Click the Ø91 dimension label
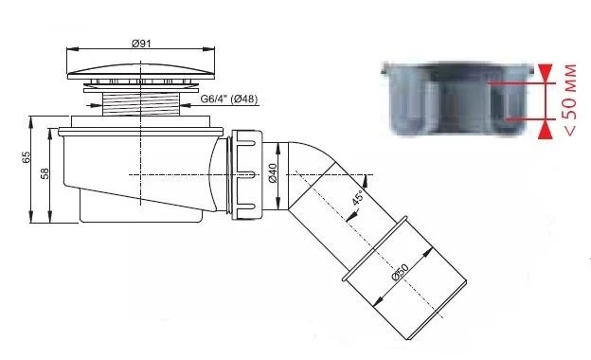tap(141, 44)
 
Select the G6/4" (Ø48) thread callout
tap(229, 99)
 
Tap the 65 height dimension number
tap(26, 157)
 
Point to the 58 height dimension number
tap(45, 173)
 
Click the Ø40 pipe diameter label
tap(273, 173)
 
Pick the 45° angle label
tap(358, 197)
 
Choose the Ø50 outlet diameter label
tap(401, 272)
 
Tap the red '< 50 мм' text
tap(570, 99)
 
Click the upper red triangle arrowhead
tap(546, 71)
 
